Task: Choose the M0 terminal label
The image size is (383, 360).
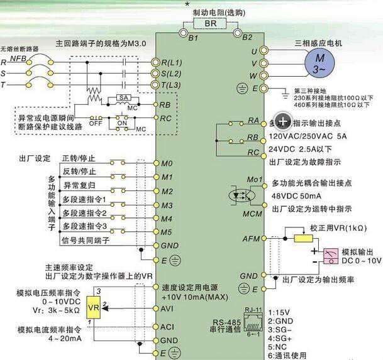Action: click(166, 163)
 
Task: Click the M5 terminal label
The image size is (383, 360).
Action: click(166, 232)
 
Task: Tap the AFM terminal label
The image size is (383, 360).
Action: click(251, 239)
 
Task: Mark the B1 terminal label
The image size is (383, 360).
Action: click(193, 38)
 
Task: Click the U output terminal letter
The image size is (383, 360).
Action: click(254, 50)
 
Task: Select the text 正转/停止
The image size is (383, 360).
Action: click(79, 158)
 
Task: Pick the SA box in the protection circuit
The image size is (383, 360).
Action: click(124, 98)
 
